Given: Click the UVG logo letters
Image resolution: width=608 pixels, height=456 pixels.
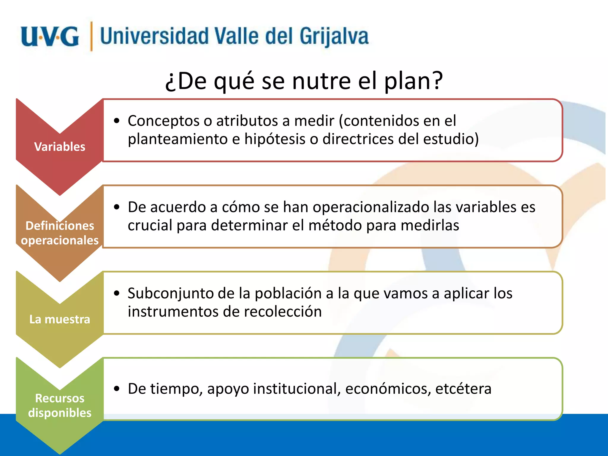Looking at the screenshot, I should tap(50, 37).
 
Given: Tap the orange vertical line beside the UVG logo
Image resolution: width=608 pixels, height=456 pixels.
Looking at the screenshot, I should tap(91, 36).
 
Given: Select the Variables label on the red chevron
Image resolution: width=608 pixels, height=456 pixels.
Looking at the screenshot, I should tap(60, 147).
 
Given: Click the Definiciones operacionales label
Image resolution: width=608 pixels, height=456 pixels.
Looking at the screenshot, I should tap(60, 233).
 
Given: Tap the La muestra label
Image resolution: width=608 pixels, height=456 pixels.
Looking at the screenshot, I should tap(60, 319).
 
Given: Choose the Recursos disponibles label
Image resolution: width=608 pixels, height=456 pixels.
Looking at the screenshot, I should tap(60, 406).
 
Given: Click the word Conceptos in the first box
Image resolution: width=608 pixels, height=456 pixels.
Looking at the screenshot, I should tap(164, 121).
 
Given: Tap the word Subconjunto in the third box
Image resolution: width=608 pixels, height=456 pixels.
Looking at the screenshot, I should tap(170, 294).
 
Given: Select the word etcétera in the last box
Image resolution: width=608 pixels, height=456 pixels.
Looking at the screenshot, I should tap(463, 389).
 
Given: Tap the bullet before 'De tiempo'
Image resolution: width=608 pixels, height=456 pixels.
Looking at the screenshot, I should tap(117, 389).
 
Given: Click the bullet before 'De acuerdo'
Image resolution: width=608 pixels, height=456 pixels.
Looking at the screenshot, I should tap(117, 207).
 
